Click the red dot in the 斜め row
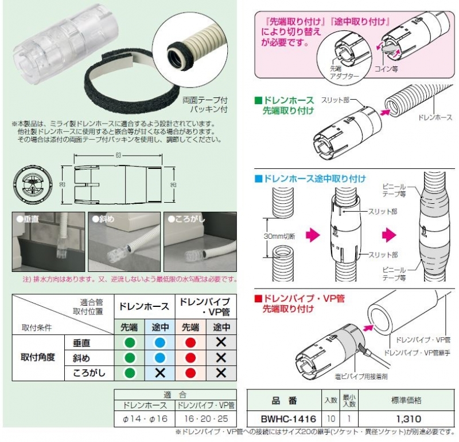point(190,357)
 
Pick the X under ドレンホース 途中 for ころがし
point(160,372)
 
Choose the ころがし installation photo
point(199,242)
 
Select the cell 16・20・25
point(204,418)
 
